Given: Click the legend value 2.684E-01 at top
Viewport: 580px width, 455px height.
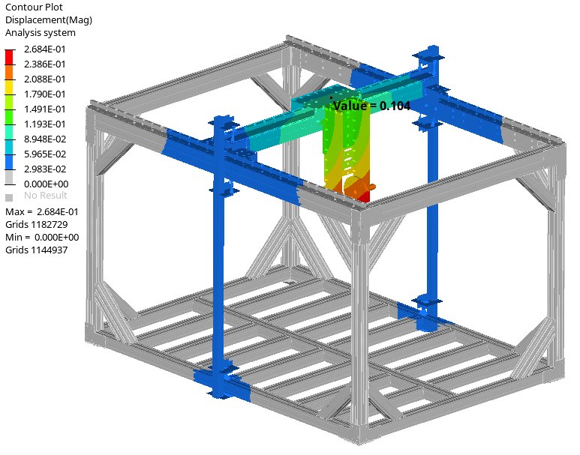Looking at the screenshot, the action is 45,49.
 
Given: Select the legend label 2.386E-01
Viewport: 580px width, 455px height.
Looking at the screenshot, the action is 45,64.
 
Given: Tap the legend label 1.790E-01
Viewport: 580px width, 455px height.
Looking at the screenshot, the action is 45,94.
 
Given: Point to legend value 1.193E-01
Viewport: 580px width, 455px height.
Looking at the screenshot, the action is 45,124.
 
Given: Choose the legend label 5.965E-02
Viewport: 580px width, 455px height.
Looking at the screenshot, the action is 45,154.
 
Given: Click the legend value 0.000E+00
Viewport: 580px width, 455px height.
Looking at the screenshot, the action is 47,184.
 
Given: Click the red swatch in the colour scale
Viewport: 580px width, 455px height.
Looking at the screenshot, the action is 9,57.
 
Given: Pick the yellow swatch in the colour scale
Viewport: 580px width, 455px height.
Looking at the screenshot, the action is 9,87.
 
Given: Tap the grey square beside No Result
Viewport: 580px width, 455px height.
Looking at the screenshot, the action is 9,198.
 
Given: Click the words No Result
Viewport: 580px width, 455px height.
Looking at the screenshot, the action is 46,195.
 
